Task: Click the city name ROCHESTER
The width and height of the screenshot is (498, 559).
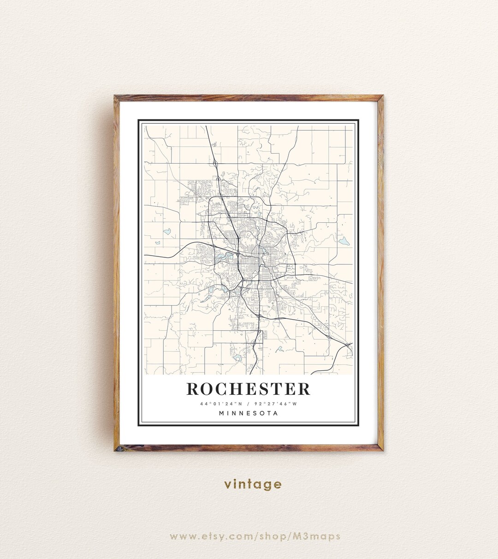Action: [x=249, y=389]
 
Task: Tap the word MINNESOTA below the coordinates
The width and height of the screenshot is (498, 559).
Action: [x=249, y=413]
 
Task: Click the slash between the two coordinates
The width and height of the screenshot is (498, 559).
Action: [x=249, y=404]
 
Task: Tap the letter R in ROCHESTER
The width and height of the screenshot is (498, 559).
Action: [x=193, y=389]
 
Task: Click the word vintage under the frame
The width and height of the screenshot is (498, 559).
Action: [x=253, y=484]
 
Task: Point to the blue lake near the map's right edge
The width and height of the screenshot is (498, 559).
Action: [x=344, y=241]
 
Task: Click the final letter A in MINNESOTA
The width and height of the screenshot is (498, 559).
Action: [x=276, y=413]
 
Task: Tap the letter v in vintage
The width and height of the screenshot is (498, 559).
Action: [x=227, y=485]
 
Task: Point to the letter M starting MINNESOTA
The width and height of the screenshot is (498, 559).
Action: [x=222, y=413]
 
